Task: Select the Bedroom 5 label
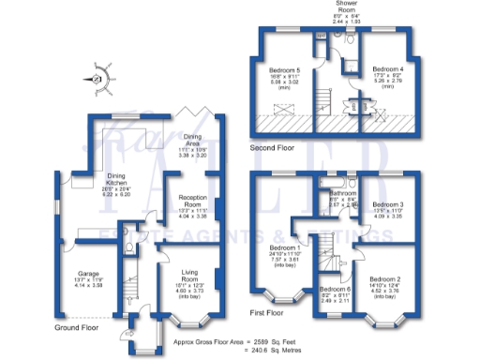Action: coord(283,69)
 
